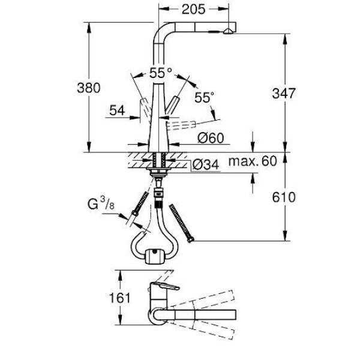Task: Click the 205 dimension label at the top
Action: coord(193,10)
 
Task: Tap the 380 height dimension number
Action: coord(89,88)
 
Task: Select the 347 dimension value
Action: coord(284,94)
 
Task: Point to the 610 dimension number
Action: coord(284,197)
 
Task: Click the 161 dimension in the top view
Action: coord(119,298)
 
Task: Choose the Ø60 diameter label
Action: coord(211,138)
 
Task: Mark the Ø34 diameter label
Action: coord(206,164)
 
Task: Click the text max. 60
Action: coord(253,161)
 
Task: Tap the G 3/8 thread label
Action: coord(101,203)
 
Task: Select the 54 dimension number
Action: coord(117,110)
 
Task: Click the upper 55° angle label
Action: coord(160,73)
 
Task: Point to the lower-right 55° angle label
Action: coord(204,97)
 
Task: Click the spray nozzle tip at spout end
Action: coord(228,31)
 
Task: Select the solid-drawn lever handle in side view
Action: coord(172,104)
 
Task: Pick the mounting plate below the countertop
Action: coord(158,169)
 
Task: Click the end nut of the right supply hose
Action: coord(191,240)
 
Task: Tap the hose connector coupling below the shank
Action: coord(158,193)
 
